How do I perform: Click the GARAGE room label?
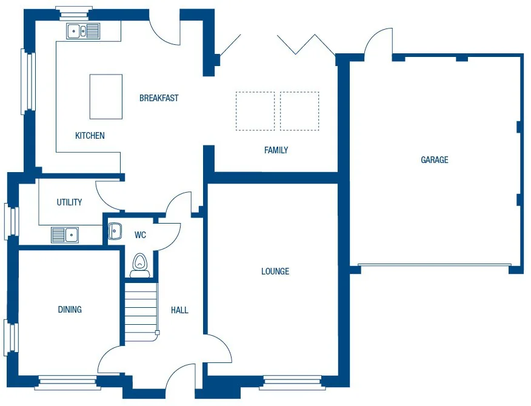[435, 160]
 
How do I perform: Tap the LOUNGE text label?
[275, 271]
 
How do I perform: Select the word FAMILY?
[276, 150]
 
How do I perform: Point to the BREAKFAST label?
[159, 98]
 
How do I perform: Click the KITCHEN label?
[90, 136]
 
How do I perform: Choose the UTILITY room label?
[69, 202]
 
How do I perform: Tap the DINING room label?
[70, 310]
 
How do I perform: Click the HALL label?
[179, 310]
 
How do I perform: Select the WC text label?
[140, 235]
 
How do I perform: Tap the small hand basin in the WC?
[115, 231]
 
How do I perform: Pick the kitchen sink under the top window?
[83, 30]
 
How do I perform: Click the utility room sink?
[65, 235]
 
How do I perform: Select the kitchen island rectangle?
[106, 96]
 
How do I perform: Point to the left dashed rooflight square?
[255, 111]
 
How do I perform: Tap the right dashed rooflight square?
[299, 111]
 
